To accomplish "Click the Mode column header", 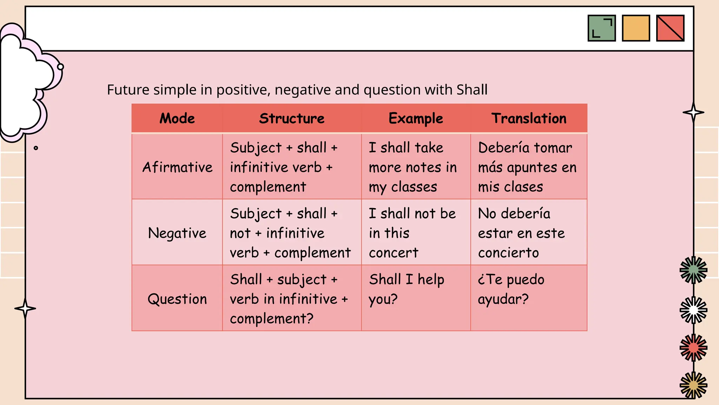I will pyautogui.click(x=177, y=118).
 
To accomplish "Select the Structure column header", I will pyautogui.click(x=292, y=118).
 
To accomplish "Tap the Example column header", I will pyautogui.click(x=416, y=118).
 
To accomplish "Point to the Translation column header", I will pyautogui.click(x=529, y=118).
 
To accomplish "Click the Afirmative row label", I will pyautogui.click(x=177, y=167).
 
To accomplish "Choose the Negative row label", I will pyautogui.click(x=177, y=233).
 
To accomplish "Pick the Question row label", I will pyautogui.click(x=177, y=299).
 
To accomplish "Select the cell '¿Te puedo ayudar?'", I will pyautogui.click(x=511, y=289).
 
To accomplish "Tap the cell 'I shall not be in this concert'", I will pyautogui.click(x=412, y=233).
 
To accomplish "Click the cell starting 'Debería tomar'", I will pyautogui.click(x=527, y=167).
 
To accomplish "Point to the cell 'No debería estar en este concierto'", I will pyautogui.click(x=521, y=233).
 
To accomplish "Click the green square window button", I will pyautogui.click(x=601, y=28).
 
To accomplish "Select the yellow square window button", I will pyautogui.click(x=636, y=28).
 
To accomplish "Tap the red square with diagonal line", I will pyautogui.click(x=670, y=28).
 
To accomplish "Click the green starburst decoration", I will pyautogui.click(x=693, y=270).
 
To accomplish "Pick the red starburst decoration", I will pyautogui.click(x=693, y=348).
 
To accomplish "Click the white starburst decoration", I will pyautogui.click(x=693, y=310).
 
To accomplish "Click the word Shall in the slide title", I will pyautogui.click(x=472, y=90).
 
